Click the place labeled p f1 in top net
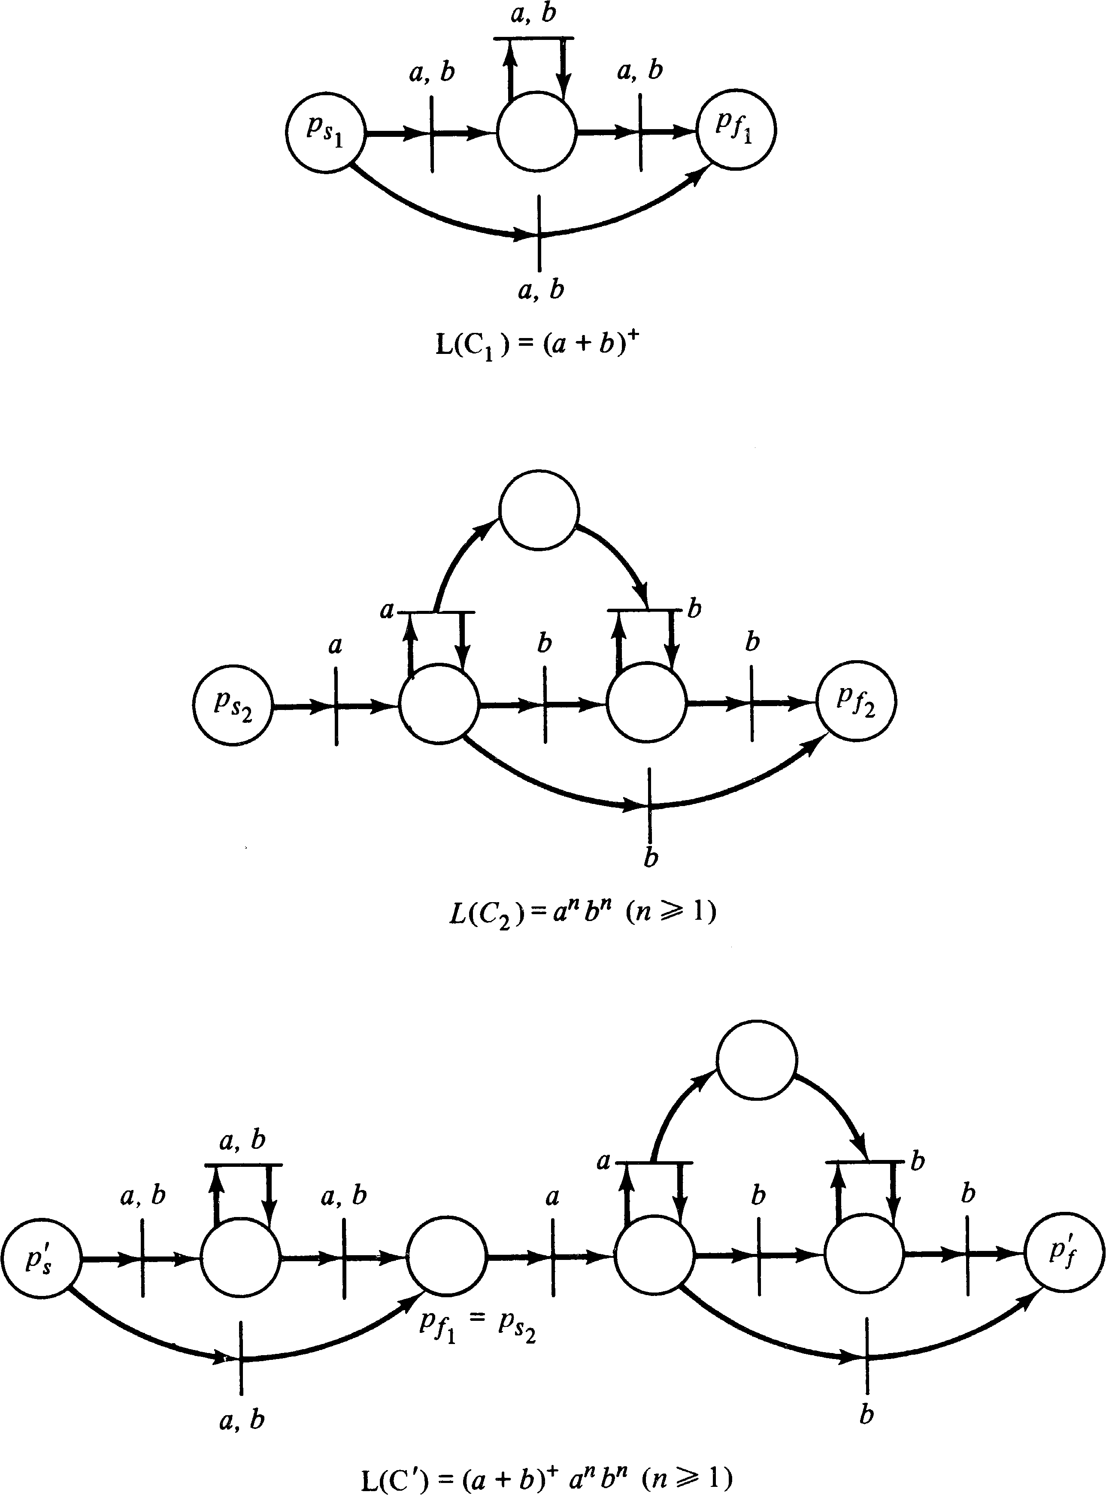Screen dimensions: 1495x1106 736,129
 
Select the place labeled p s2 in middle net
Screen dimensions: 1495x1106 233,705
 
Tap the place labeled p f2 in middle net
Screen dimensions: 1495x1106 856,703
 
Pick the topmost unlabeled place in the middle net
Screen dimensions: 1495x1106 539,510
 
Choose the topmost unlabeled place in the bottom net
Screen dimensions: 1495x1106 757,1059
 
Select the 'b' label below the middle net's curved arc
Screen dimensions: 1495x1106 650,858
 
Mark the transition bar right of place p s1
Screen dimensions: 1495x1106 432,134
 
